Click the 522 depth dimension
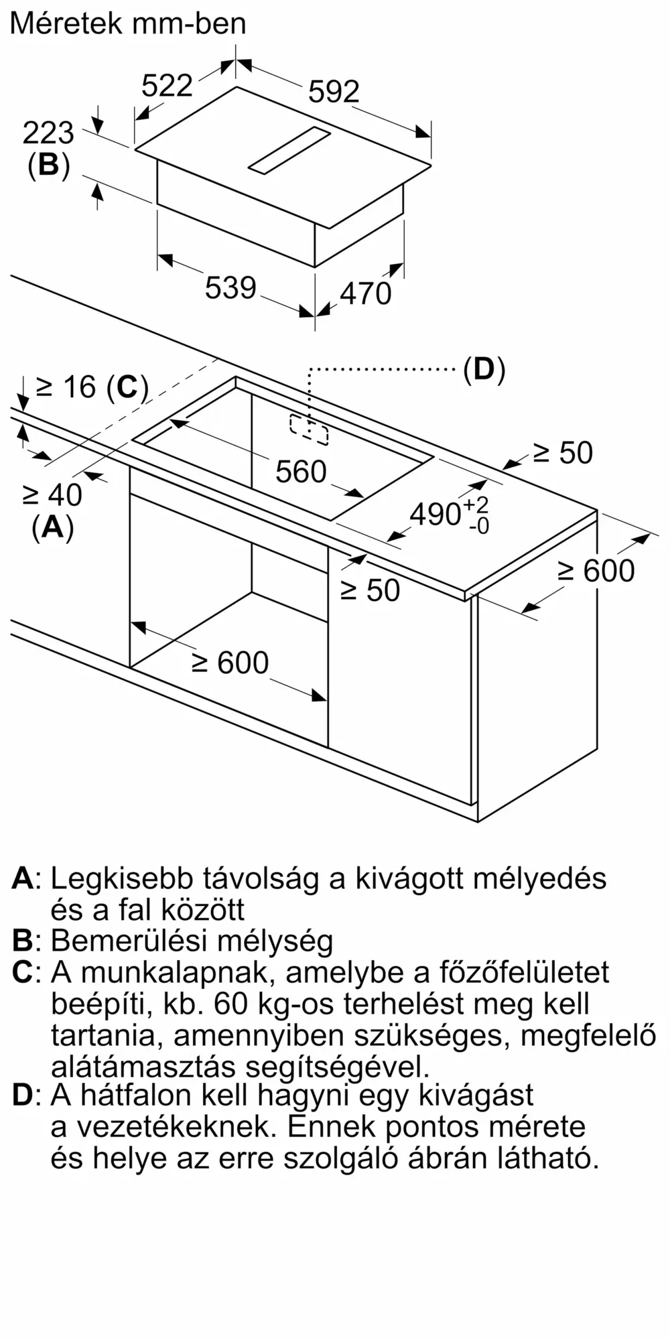pos(167,85)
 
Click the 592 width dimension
pos(334,91)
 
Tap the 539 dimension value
pos(230,287)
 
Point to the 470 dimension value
pos(366,293)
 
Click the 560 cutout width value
pos(301,472)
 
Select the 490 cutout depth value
pos(450,515)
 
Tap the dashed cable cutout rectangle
pos(309,429)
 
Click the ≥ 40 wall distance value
pos(52,495)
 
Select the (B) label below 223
pos(48,165)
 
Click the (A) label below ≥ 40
pos(52,527)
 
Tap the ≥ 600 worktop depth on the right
pos(596,570)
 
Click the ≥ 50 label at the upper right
pos(563,453)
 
